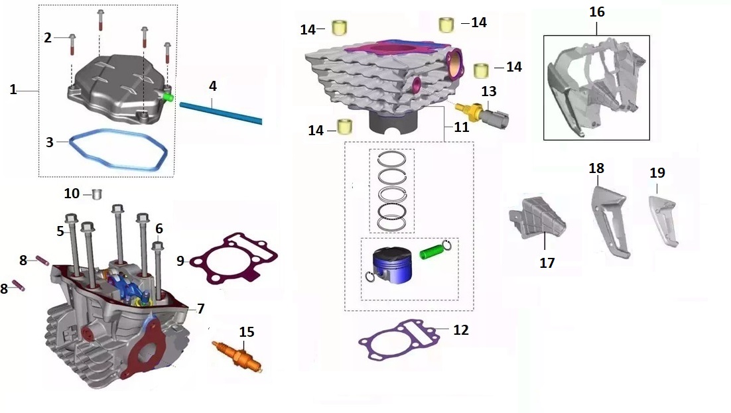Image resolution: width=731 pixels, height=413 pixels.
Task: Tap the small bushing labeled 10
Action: tap(98, 194)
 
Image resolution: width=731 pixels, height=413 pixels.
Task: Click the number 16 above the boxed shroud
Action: tap(596, 13)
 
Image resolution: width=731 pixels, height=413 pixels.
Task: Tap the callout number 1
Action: tap(13, 89)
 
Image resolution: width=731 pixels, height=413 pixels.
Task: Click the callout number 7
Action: tap(200, 308)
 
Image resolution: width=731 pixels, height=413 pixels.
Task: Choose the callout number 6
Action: tap(159, 229)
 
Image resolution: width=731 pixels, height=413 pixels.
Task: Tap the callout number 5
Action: tap(60, 231)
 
